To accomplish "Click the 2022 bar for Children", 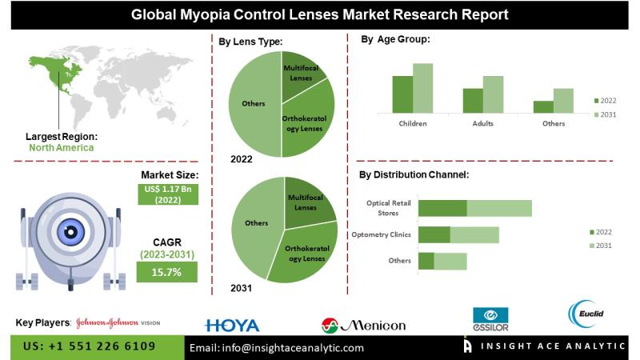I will pyautogui.click(x=402, y=94).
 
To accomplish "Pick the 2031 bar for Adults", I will pyautogui.click(x=493, y=94).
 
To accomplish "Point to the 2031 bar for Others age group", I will pyautogui.click(x=563, y=101).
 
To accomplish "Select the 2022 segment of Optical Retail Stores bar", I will pyautogui.click(x=442, y=208).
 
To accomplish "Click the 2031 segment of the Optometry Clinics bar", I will pyautogui.click(x=474, y=234).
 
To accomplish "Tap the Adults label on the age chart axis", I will pyautogui.click(x=482, y=124).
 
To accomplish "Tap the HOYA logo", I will pyautogui.click(x=232, y=325).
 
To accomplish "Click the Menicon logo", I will pyautogui.click(x=363, y=325).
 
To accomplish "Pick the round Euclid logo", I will pyautogui.click(x=582, y=313).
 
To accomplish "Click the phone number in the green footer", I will pyautogui.click(x=91, y=347).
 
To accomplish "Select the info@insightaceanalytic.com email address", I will pyautogui.click(x=276, y=348).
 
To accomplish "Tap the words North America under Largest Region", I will pyautogui.click(x=61, y=148).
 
